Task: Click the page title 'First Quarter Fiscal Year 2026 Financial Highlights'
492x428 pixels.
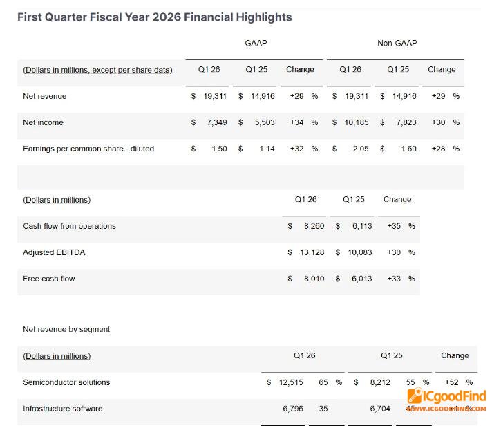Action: (x=154, y=17)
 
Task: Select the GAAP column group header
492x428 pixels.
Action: (x=256, y=43)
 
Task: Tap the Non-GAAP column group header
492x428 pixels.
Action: (x=397, y=43)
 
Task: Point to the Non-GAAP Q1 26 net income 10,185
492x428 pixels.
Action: (x=354, y=122)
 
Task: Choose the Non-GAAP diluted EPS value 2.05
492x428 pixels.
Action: (x=359, y=149)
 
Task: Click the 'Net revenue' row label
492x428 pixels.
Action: (x=45, y=96)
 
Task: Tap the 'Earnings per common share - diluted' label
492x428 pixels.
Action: (x=88, y=149)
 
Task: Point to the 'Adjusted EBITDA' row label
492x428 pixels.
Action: (x=54, y=252)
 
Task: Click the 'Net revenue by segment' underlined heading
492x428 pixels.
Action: (x=66, y=329)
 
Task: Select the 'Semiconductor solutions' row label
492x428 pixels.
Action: (x=66, y=382)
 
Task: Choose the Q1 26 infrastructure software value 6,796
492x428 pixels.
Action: (x=293, y=409)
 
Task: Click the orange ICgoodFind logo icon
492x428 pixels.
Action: (x=415, y=396)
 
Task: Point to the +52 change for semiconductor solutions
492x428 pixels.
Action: (x=452, y=382)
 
